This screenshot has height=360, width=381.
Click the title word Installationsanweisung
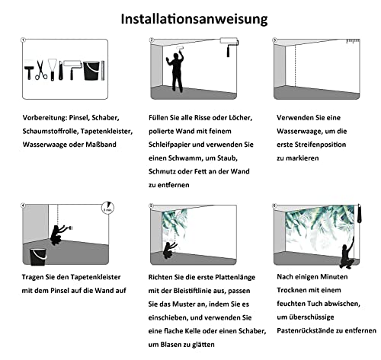pos(194,19)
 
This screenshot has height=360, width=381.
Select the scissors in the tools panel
pos(41,70)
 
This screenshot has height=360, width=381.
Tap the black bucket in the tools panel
pos(91,70)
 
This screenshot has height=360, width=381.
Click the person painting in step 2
pos(176,71)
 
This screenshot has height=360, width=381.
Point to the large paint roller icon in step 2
pos(229,46)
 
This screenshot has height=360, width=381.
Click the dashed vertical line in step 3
pos(295,66)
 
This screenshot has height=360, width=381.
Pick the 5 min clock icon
pos(108,208)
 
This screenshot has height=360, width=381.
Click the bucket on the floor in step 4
pos(38,256)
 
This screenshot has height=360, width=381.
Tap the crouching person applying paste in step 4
pos(60,234)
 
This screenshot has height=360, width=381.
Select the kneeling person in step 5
pos(170,250)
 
